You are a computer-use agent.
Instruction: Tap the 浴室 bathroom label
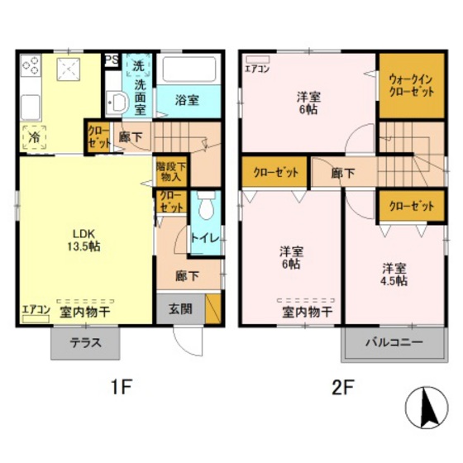click(x=187, y=100)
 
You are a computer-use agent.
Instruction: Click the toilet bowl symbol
click(x=206, y=202)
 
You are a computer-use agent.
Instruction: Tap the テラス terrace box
click(x=84, y=343)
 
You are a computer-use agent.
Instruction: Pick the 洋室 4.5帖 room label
click(x=394, y=274)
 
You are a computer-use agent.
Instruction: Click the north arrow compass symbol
click(x=429, y=408)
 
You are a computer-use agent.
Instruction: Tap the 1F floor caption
click(x=122, y=386)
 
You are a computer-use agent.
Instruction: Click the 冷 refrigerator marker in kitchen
click(x=35, y=136)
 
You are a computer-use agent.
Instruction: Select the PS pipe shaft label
click(x=112, y=60)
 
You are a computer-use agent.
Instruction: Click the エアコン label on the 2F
click(x=256, y=69)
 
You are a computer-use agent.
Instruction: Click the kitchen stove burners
click(x=33, y=65)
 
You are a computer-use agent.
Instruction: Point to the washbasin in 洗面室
click(x=116, y=102)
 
